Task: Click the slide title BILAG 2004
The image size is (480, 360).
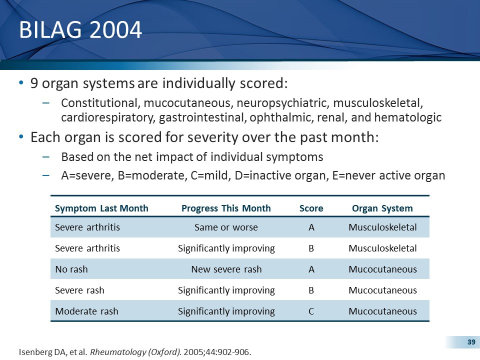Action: coord(80,30)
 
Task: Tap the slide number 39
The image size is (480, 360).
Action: coord(470,342)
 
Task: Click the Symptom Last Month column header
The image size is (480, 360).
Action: coord(101,208)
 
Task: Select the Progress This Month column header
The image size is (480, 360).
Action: coord(226,208)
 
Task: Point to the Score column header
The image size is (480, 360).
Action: coord(311,208)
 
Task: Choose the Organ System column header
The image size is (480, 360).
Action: coord(382,208)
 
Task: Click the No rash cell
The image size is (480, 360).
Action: coord(71,269)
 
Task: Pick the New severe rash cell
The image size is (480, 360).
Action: coord(226,269)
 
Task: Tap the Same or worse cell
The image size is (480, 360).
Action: coord(226,227)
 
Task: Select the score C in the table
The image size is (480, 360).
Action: coord(311,311)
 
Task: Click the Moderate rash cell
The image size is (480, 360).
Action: coord(86,311)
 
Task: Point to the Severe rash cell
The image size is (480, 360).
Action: coord(79,290)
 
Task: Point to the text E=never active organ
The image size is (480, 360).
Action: coord(388,175)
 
